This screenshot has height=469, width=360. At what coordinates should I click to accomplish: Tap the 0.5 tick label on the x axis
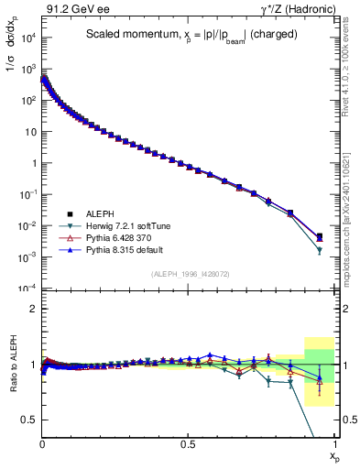[x=188, y=443]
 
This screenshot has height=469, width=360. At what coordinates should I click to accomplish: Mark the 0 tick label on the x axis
[x=42, y=443]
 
